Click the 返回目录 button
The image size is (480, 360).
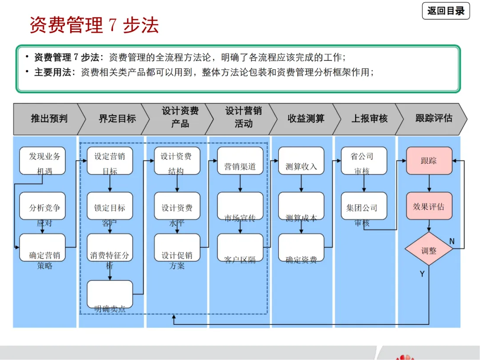point(446,11)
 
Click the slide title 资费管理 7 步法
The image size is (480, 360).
point(94,25)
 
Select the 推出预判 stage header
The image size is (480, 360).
point(49,119)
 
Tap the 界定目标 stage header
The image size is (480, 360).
point(117,119)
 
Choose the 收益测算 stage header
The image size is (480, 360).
point(306,119)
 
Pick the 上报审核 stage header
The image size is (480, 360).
point(369,119)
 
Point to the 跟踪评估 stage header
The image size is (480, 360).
point(433,118)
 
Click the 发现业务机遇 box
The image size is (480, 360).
point(43,161)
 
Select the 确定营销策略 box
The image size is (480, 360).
point(43,248)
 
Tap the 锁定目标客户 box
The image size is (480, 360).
point(110,206)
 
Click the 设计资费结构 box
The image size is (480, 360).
point(177,161)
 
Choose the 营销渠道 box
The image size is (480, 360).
point(240,161)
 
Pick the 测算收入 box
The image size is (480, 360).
point(301,161)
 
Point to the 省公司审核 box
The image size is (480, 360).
point(364,161)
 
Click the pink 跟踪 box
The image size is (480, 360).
point(429,161)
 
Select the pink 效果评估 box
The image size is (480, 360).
point(429,206)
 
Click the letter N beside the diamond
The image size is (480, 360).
point(452,241)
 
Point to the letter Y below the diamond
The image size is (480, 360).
point(422,274)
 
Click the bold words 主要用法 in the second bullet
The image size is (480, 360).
point(54,72)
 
